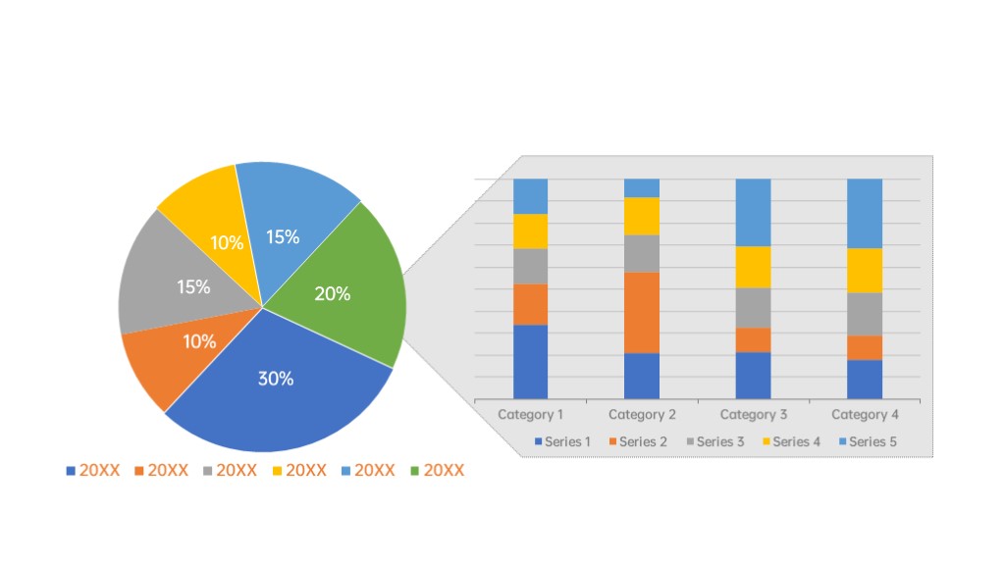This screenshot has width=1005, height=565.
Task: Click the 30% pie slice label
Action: pos(276,379)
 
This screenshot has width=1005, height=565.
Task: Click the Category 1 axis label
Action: pos(531,414)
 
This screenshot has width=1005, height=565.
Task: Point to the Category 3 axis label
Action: pos(754,414)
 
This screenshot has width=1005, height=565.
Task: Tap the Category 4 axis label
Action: pos(865,414)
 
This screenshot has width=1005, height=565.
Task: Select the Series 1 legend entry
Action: pos(562,441)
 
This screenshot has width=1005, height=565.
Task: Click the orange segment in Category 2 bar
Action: pos(642,312)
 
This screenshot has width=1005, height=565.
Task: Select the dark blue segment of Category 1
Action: pos(531,361)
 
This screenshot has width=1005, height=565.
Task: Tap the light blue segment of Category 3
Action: pos(754,212)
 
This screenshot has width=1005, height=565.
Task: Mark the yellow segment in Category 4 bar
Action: pos(865,270)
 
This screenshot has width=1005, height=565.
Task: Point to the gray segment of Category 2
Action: pos(642,253)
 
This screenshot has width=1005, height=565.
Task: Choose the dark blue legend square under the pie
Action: pos(71,471)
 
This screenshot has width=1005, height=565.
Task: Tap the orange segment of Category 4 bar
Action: pos(865,347)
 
